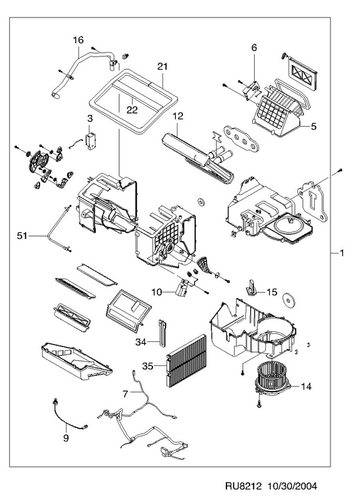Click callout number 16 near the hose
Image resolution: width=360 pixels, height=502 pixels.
pos(78,40)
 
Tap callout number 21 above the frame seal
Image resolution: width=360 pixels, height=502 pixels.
pos(162,67)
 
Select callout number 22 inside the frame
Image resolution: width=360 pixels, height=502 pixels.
pos(132,110)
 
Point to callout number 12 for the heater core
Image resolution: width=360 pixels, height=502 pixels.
pos(178,115)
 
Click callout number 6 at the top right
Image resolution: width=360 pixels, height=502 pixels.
pos(254,48)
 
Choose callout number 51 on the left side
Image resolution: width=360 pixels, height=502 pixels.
pos(22,236)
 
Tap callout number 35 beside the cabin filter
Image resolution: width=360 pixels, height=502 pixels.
pos(148,366)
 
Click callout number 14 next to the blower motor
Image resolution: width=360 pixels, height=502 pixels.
pos(306,387)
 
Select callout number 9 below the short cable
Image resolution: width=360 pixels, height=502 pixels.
pos(66,437)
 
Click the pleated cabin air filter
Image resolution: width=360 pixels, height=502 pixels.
pos(187,360)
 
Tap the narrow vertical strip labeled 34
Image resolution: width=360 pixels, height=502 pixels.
pos(162,333)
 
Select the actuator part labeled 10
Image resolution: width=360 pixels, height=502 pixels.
pos(183,286)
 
